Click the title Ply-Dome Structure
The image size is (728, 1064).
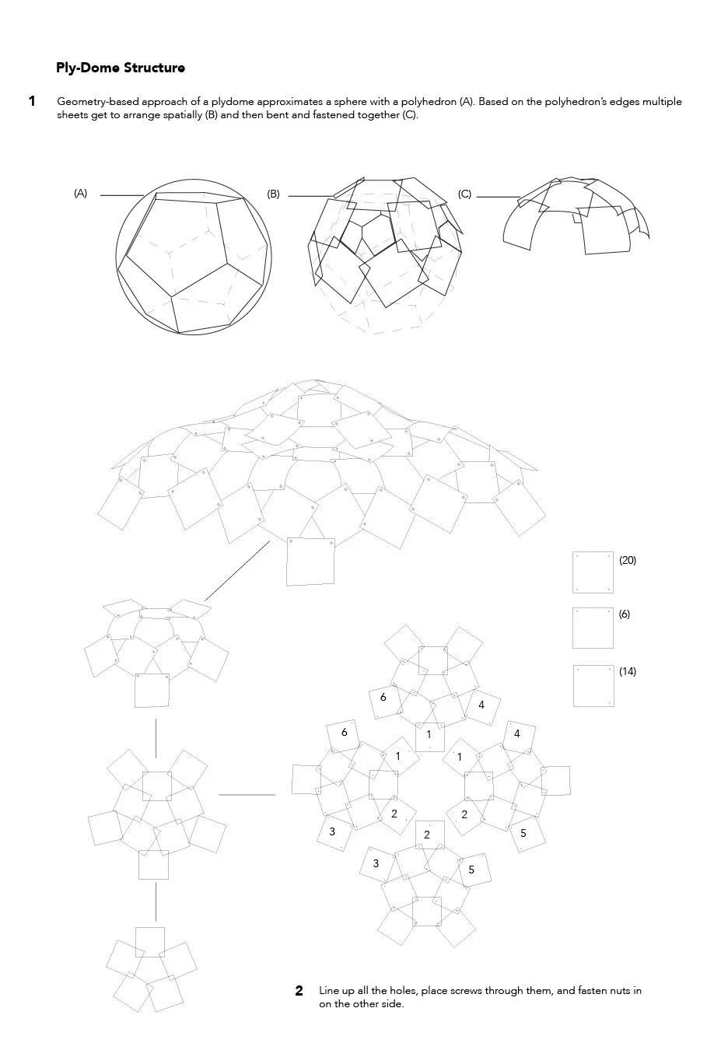click(x=121, y=68)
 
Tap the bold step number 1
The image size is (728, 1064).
click(x=32, y=101)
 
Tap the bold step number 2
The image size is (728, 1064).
click(x=299, y=991)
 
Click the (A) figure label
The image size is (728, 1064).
click(x=81, y=194)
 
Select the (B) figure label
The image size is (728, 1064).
click(x=273, y=194)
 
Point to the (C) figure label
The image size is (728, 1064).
click(x=465, y=194)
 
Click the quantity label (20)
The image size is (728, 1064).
click(x=628, y=560)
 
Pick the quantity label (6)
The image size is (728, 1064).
click(x=625, y=614)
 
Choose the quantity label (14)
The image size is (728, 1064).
click(x=628, y=671)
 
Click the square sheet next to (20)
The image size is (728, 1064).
click(x=593, y=572)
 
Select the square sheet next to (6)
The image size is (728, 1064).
click(x=593, y=628)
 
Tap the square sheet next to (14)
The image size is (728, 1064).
click(x=593, y=685)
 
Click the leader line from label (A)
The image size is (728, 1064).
click(x=121, y=195)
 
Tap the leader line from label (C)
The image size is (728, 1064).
click(x=498, y=197)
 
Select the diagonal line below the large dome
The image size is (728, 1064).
click(x=237, y=570)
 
